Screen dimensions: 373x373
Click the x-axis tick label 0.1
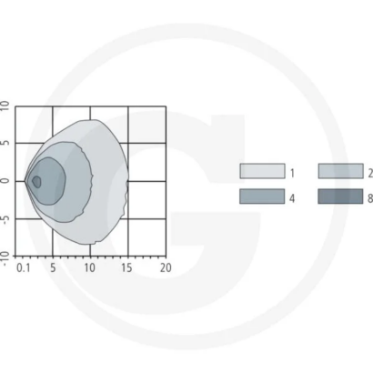point(24,267)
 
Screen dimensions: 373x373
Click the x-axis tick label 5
point(53,267)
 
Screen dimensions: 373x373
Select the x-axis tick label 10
point(90,267)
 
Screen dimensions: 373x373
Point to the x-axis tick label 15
point(127,267)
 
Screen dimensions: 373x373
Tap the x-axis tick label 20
point(166,267)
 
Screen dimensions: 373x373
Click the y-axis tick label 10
point(5,106)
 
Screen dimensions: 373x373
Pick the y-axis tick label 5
point(5,143)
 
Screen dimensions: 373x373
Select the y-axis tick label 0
point(5,181)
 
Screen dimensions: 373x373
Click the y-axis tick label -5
point(5,219)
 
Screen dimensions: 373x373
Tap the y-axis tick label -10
point(5,259)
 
